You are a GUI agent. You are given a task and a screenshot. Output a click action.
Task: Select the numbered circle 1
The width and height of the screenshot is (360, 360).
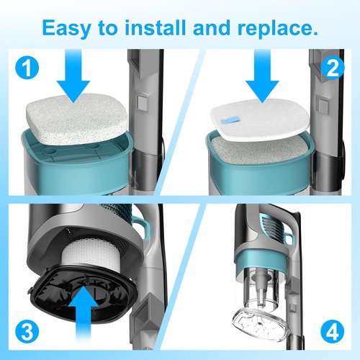coord(27,68)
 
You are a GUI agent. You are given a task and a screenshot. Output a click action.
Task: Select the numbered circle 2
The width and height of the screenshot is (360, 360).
coord(333,68)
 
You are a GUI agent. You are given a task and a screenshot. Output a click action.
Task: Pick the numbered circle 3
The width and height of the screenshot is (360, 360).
coord(27,333)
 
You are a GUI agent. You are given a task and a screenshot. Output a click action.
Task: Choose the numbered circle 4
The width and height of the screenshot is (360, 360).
coord(333,333)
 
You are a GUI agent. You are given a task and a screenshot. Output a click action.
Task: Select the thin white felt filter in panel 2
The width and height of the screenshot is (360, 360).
coord(258,120)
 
